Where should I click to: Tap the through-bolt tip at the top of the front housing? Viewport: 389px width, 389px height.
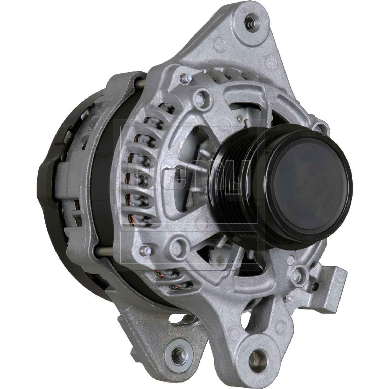[x=185, y=77]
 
